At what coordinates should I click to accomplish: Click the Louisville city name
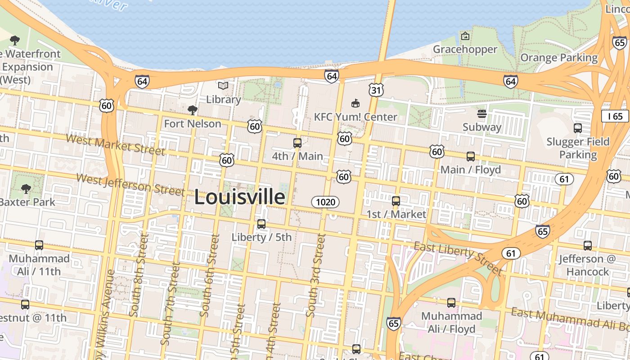point(239,197)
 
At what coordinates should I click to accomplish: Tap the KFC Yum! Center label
point(355,117)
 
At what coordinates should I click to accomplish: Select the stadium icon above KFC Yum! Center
point(355,103)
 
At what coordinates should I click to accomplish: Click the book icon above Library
point(223,85)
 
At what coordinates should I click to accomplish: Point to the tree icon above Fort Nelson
point(193,110)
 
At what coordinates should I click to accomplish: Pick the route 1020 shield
point(325,202)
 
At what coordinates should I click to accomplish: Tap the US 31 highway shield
point(376,90)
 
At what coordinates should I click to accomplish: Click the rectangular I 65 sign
point(615,117)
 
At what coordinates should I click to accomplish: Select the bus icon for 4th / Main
point(297,143)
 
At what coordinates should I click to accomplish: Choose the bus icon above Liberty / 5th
point(261,224)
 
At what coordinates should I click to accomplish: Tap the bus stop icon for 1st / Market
point(396,201)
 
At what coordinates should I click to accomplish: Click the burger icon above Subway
point(482,114)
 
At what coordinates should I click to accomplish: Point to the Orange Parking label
point(559,58)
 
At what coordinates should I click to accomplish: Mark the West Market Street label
point(115,144)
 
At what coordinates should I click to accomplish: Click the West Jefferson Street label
point(130,184)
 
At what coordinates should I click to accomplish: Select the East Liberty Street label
point(458,257)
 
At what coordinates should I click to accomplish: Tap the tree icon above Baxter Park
point(26,189)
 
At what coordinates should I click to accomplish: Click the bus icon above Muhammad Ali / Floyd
point(451,303)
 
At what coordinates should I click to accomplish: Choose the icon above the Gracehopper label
point(465,36)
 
